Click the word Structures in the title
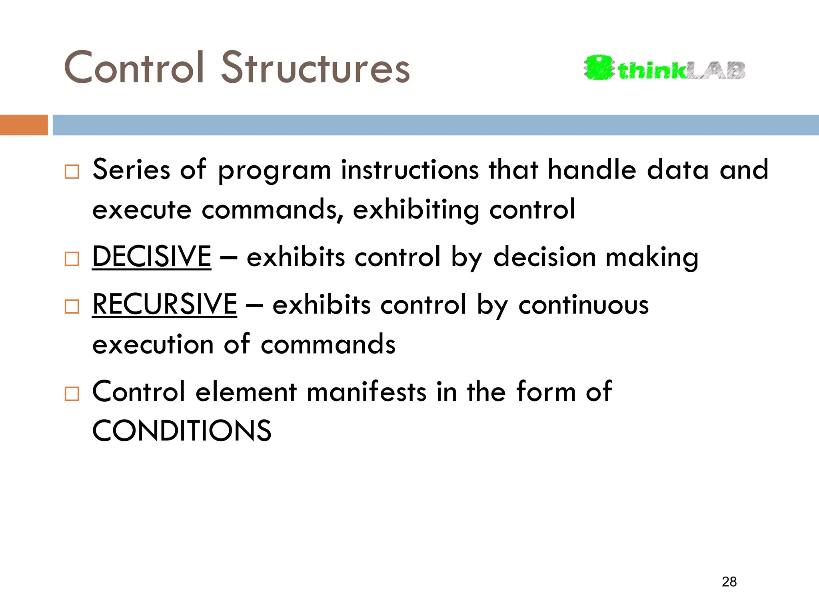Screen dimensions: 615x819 pos(316,68)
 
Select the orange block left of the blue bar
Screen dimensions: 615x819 pos(24,125)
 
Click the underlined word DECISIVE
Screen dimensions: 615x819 pos(152,257)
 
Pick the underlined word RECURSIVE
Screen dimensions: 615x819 pos(164,305)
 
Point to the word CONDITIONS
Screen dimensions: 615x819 pos(182,431)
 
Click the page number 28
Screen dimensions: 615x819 pos(729,582)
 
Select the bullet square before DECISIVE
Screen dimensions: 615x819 pos(72,259)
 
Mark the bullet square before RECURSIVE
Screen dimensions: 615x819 pos(72,307)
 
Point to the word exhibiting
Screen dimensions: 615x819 pos(416,210)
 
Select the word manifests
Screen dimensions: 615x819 pos(367,392)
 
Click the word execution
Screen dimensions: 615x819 pos(153,344)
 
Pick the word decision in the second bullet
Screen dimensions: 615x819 pos(545,257)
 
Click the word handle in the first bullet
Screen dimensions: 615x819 pos(592,170)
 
